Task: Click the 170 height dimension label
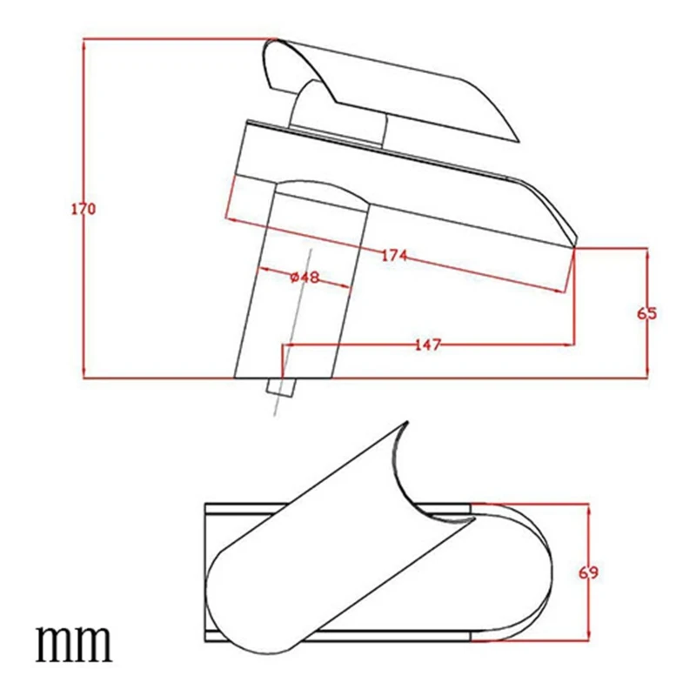click(84, 210)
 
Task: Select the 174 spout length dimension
click(394, 256)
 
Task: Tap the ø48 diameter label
click(303, 277)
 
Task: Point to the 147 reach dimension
click(427, 345)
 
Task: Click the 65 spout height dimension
click(646, 314)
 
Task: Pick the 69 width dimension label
click(591, 572)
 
